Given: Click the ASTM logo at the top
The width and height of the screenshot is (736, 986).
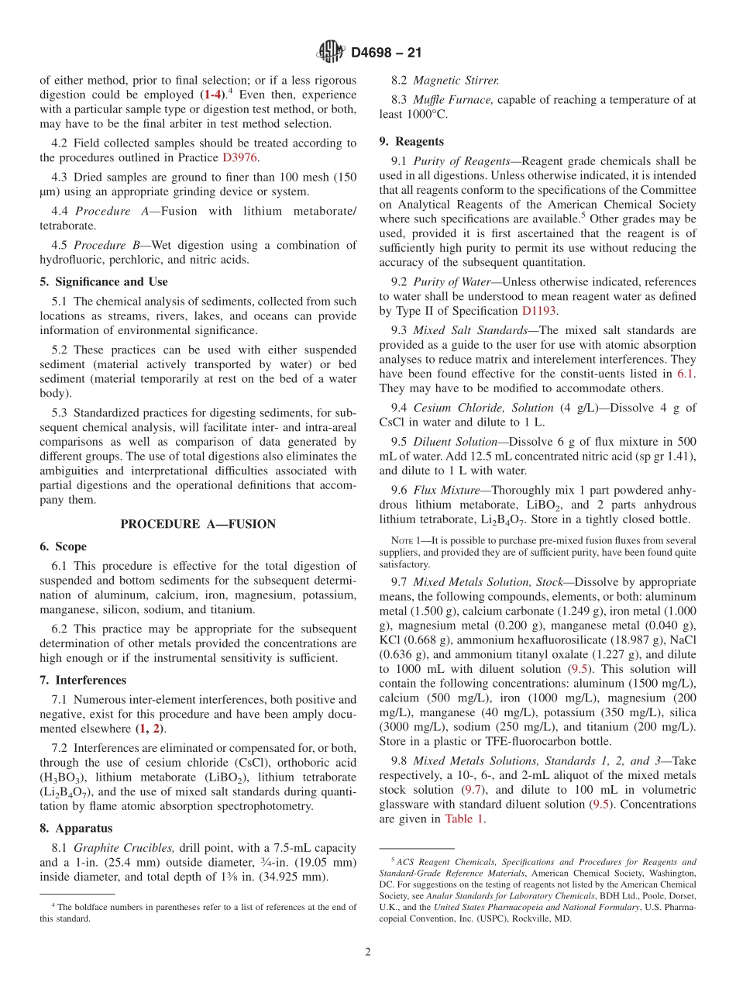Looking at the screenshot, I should point(331,53).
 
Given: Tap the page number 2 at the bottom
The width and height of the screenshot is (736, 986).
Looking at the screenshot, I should point(368,952).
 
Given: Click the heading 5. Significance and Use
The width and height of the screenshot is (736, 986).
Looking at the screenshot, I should point(104,281).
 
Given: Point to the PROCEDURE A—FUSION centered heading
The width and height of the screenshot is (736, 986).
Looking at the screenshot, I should point(198,524).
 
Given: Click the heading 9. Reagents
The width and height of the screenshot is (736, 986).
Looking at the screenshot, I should point(411,141).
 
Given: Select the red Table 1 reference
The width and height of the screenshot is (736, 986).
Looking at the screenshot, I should point(465,819).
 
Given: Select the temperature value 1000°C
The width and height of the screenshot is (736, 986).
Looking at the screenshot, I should point(425,114).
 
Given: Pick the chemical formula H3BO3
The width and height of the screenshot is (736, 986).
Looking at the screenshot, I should point(61,776).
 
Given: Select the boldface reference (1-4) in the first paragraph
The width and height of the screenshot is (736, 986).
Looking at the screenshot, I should point(211,95).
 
